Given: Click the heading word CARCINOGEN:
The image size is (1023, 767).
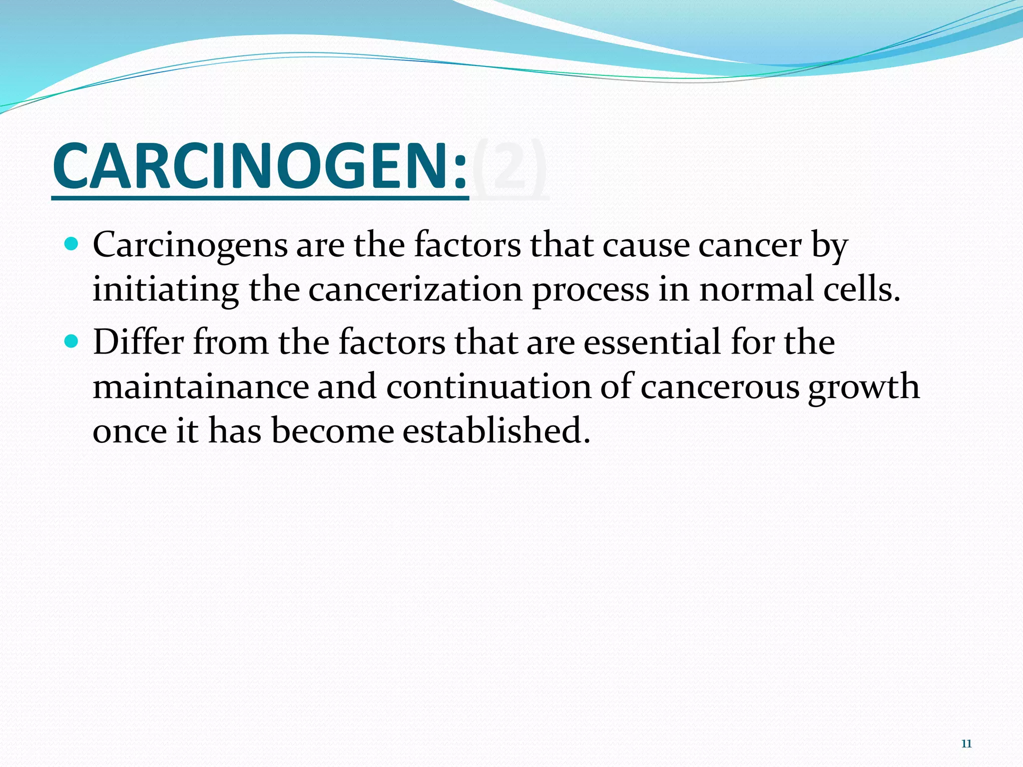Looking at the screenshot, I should point(260,166).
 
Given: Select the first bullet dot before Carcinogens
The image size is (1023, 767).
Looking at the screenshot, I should point(72,244).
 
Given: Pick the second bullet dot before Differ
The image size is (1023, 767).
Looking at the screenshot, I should point(72,341).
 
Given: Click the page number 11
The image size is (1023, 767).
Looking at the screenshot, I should point(966,744).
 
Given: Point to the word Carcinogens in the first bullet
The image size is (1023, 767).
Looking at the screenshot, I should point(190,246).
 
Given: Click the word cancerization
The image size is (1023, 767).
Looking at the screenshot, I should point(415,290).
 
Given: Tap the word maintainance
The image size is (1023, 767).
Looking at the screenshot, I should point(201,386).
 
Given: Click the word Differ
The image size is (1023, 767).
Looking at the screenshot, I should point(138,342).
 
